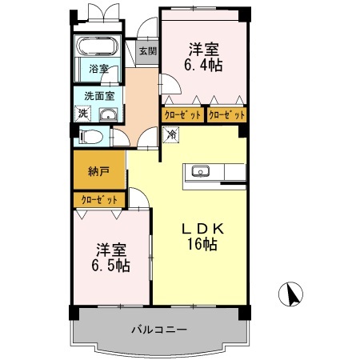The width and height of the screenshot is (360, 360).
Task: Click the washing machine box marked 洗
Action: click(83, 113)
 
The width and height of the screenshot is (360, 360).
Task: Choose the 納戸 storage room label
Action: click(98, 171)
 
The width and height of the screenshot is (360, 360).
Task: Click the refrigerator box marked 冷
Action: click(171, 135)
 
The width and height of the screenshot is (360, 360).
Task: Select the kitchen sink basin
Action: click(200, 170)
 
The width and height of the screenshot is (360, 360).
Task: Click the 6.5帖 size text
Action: click(111, 265)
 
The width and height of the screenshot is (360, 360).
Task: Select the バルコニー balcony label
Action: click(158, 330)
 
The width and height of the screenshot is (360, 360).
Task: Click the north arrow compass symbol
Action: click(290, 296)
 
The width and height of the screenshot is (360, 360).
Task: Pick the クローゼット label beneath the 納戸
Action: click(99, 198)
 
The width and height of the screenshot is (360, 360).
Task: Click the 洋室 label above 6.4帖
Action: click(203, 46)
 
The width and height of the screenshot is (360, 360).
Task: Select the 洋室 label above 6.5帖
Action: click(111, 247)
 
